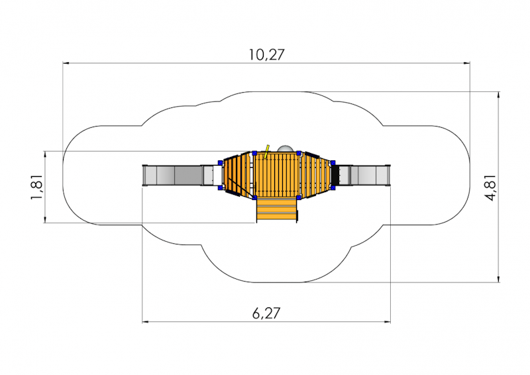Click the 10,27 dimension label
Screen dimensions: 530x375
267,55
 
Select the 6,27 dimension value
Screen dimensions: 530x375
266,313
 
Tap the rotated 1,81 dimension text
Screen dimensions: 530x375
37,187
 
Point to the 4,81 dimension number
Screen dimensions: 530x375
490,187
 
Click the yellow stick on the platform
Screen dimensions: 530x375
267,152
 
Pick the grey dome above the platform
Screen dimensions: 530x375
286,148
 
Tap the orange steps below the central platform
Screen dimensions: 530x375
276,210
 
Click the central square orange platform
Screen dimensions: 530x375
277,174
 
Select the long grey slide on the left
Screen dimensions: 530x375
172,175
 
